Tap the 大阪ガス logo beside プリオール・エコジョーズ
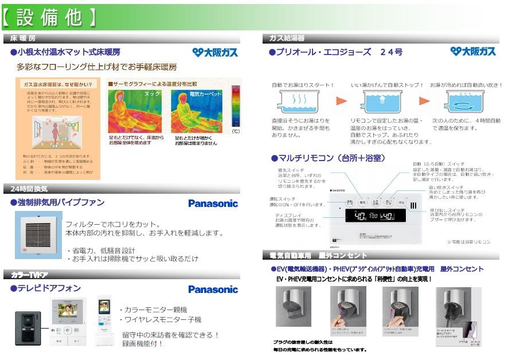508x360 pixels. coord(472,52)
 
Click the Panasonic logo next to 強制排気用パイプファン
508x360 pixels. coord(213,204)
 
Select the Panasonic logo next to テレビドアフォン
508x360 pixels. coord(213,289)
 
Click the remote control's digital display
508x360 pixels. coord(375,217)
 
